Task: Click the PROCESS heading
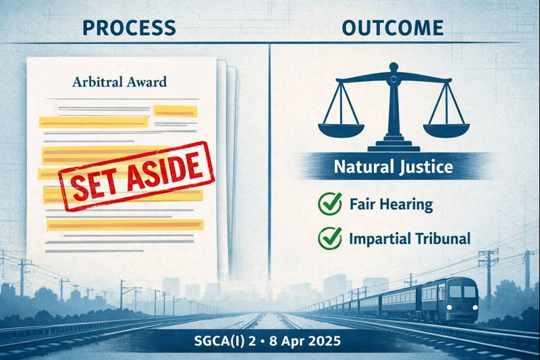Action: click(128, 28)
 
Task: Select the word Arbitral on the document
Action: click(94, 83)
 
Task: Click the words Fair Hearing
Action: click(390, 204)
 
